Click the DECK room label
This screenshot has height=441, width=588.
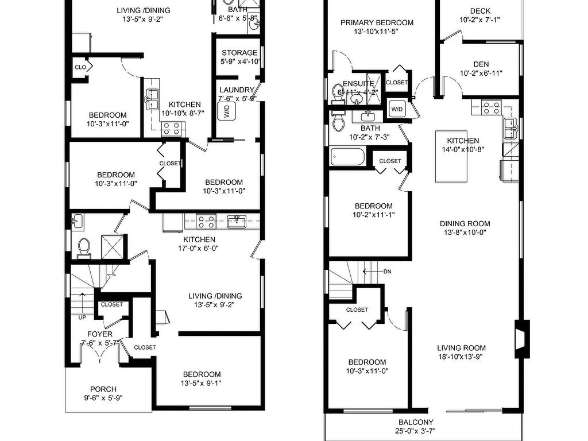pyautogui.click(x=480, y=11)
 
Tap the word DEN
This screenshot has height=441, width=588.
pyautogui.click(x=481, y=64)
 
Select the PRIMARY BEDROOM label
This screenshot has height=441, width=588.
pyautogui.click(x=377, y=23)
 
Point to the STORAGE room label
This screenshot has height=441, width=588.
pyautogui.click(x=239, y=53)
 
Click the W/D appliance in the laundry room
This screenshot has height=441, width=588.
pyautogui.click(x=227, y=111)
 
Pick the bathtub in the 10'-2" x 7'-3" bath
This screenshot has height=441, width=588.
pyautogui.click(x=347, y=157)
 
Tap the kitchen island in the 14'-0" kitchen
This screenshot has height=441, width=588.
pyautogui.click(x=451, y=156)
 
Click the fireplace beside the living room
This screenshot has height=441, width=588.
pyautogui.click(x=522, y=339)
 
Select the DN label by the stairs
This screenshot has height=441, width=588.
pyautogui.click(x=388, y=272)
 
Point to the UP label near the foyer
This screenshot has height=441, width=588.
pyautogui.click(x=82, y=317)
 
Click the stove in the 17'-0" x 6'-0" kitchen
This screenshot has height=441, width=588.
pyautogui.click(x=207, y=221)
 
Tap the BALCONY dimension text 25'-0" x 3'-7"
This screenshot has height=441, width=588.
pyautogui.click(x=416, y=431)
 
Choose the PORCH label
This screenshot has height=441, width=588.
pyautogui.click(x=103, y=389)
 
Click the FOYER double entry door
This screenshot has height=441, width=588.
pyautogui.click(x=100, y=353)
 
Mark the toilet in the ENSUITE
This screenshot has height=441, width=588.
pyautogui.click(x=338, y=94)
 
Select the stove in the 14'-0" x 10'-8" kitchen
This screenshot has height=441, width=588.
pyautogui.click(x=491, y=107)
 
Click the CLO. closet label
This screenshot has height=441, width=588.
pyautogui.click(x=80, y=68)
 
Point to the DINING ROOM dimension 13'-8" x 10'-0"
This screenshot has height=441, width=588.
pyautogui.click(x=465, y=233)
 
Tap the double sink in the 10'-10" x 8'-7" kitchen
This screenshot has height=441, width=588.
pyautogui.click(x=152, y=99)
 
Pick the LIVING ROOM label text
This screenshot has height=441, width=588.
pyautogui.click(x=461, y=348)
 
